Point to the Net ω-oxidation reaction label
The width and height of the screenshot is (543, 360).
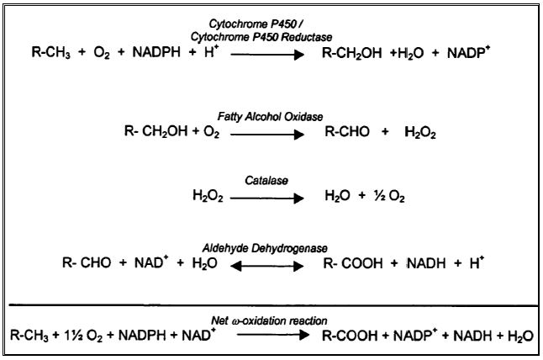(x=271, y=320)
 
